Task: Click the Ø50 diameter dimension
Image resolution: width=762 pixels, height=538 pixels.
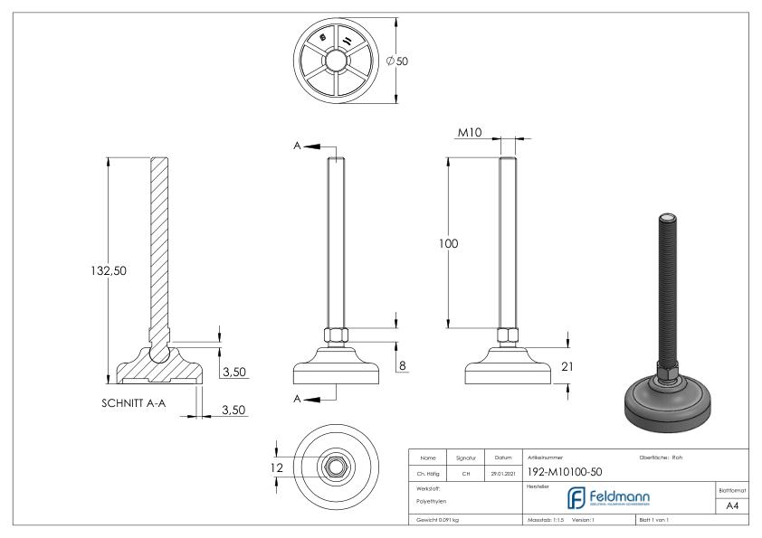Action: (x=396, y=61)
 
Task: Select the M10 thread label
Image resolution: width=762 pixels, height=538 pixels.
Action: (x=469, y=133)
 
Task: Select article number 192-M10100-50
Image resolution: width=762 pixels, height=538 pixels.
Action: (x=564, y=471)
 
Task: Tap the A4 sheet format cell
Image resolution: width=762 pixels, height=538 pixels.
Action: (x=735, y=507)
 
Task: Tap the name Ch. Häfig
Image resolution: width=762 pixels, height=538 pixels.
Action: (x=430, y=472)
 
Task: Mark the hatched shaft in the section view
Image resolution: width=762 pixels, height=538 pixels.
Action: (x=158, y=244)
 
